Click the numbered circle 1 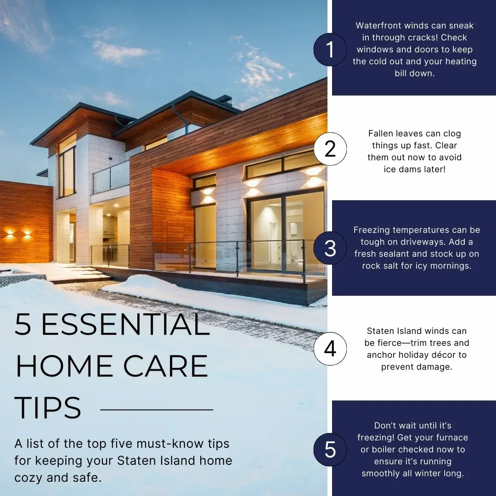tap(330, 50)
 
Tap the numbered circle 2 tap(330, 149)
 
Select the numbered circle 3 tap(330, 248)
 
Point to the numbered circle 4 tap(330, 349)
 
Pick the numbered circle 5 tap(330, 450)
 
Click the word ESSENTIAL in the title tap(125, 324)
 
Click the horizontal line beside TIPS tap(157, 410)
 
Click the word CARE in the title tap(165, 366)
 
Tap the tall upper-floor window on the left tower tap(67, 171)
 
